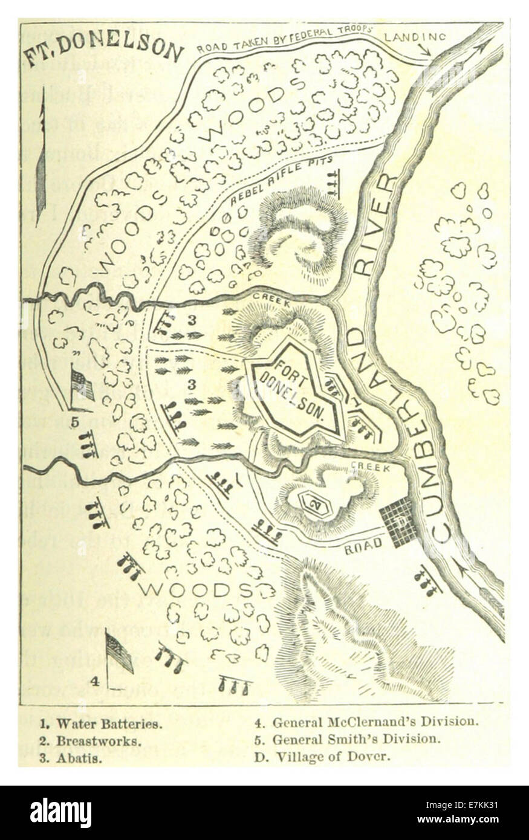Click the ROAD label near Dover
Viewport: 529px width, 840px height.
click(x=365, y=544)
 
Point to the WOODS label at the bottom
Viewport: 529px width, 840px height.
click(x=193, y=589)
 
